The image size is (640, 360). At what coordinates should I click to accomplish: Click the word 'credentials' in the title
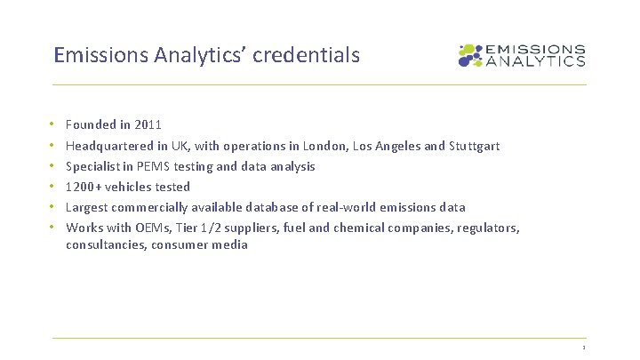[x=307, y=55]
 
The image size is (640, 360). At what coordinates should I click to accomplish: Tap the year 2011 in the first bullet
[x=148, y=125]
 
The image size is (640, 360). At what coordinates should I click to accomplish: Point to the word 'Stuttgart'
[x=475, y=146]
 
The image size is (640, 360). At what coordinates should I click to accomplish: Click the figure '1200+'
[x=83, y=187]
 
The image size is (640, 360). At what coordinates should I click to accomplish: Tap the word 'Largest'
[x=87, y=207]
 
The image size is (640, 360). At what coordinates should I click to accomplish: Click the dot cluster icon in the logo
[x=469, y=56]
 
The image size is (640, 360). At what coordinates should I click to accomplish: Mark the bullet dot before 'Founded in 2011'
[x=53, y=125]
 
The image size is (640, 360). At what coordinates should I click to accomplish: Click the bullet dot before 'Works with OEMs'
[x=53, y=228]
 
